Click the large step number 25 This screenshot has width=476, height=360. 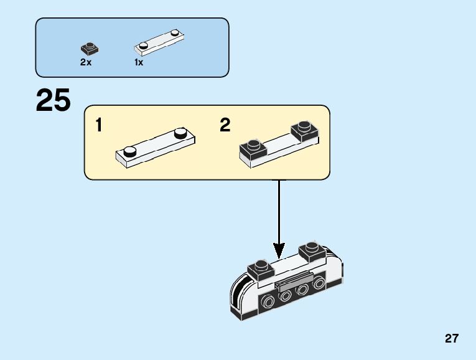53,100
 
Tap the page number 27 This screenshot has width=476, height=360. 452,338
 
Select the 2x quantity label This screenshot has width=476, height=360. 86,62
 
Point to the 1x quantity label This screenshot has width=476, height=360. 139,62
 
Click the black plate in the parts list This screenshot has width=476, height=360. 90,49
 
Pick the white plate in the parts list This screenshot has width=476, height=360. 159,42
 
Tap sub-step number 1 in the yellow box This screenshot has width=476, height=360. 99,125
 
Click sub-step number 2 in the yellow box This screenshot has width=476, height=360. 225,125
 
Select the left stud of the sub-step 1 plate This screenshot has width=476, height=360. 129,151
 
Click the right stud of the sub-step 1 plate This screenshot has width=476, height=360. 180,133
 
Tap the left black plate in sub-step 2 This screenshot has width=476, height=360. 253,149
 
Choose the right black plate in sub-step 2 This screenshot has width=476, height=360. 305,131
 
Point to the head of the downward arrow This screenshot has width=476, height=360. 279,250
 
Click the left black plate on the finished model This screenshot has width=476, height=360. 261,270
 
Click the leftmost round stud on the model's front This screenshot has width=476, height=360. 268,302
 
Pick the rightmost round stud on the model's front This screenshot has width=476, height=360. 319,283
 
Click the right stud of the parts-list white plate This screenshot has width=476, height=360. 175,32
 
